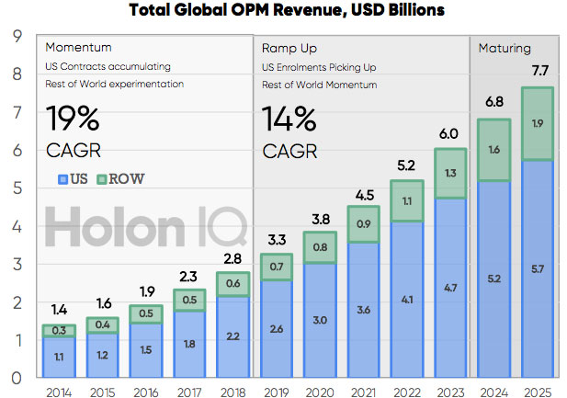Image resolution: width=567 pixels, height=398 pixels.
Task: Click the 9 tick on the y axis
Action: pos(17,36)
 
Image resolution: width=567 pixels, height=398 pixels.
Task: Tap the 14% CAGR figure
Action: pos(290,119)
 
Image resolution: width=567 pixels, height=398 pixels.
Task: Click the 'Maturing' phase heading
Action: pos(505,47)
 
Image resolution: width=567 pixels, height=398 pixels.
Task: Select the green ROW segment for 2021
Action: pos(365,223)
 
